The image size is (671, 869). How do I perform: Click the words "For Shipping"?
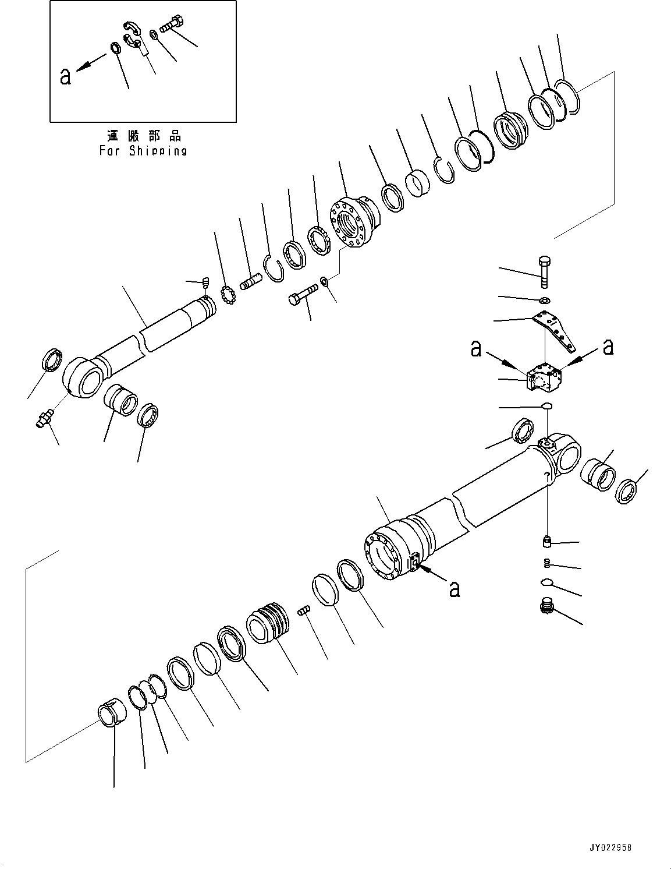(143, 151)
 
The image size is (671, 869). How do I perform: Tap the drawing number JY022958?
(605, 847)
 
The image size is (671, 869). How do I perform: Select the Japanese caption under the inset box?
(144, 136)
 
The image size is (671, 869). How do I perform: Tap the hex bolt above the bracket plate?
(545, 271)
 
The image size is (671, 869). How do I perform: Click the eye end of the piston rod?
(83, 377)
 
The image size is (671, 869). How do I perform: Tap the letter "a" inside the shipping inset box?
(65, 76)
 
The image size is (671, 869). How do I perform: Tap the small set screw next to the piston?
(303, 610)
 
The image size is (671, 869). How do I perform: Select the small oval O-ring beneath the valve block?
(546, 406)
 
